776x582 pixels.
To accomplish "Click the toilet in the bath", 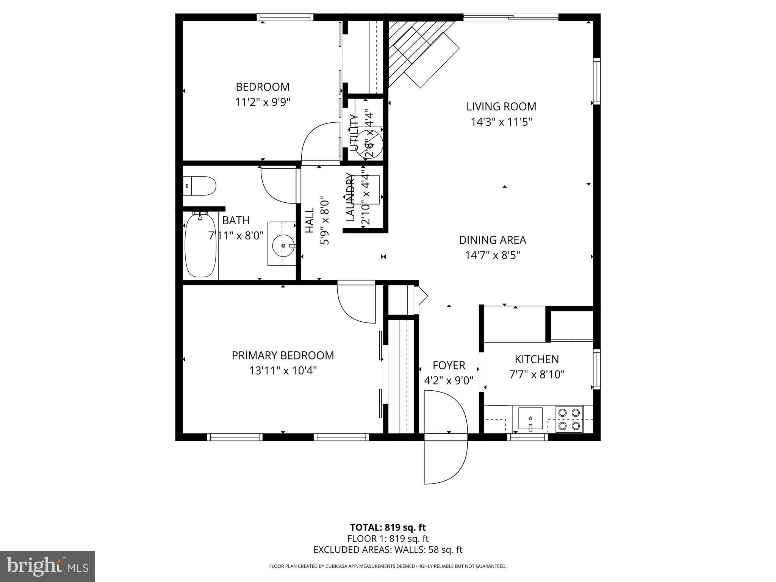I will coord(200,186).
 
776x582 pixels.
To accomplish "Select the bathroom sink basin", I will coord(283,245).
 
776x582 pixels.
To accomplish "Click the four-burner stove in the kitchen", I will coord(569,419).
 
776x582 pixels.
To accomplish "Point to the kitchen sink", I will coord(530,418).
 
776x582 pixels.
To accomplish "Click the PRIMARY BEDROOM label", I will coord(283,355).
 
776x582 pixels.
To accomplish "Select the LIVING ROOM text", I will coord(501,106).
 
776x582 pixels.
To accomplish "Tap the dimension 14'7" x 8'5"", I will coord(492,255).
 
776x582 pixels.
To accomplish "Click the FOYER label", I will coord(449,365).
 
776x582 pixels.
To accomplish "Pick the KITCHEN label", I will coord(537,359).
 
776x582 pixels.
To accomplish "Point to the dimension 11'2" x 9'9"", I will coord(263,102).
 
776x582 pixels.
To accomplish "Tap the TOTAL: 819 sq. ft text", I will coord(388,527).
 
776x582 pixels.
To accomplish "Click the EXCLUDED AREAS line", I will coord(388,550).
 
